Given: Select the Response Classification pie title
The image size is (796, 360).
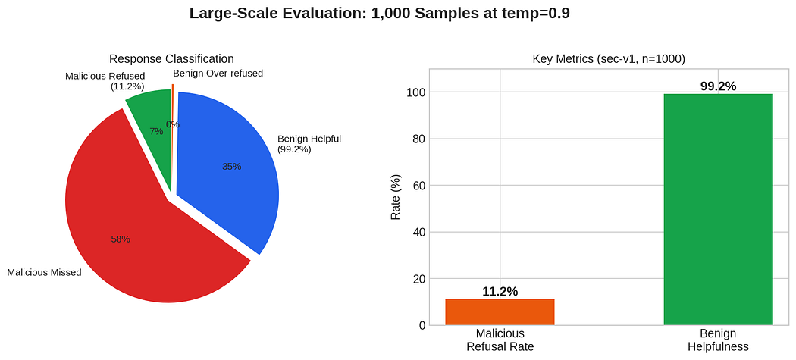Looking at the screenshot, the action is pyautogui.click(x=171, y=58).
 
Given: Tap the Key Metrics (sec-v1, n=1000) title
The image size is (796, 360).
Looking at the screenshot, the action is pyautogui.click(x=609, y=59).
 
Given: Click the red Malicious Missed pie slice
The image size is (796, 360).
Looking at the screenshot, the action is pyautogui.click(x=147, y=228).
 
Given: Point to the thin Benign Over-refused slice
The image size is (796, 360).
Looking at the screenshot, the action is pyautogui.click(x=173, y=102).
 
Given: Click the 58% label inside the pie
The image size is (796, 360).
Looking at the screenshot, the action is pyautogui.click(x=121, y=239).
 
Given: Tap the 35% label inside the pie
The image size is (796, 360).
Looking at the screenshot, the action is pyautogui.click(x=231, y=166).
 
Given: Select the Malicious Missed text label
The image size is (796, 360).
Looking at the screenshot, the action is pyautogui.click(x=44, y=273).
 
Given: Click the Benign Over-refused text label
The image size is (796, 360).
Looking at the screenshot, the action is pyautogui.click(x=218, y=73).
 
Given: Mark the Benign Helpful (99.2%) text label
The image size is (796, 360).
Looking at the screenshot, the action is pyautogui.click(x=309, y=144).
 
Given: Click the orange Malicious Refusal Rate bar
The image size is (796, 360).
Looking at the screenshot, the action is pyautogui.click(x=500, y=312).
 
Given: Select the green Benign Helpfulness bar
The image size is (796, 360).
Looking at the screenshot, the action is pyautogui.click(x=718, y=210).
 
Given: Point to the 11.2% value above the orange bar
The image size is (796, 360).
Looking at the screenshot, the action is pyautogui.click(x=500, y=292).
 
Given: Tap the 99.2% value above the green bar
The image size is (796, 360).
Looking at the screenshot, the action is pyautogui.click(x=718, y=86).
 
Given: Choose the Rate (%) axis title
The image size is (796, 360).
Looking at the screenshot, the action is pyautogui.click(x=396, y=197).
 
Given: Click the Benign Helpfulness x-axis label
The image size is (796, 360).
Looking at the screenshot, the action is pyautogui.click(x=718, y=340).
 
